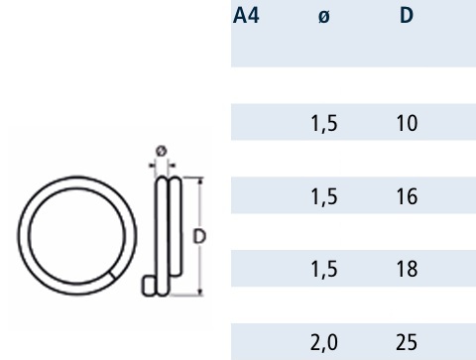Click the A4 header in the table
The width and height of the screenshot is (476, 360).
click(x=246, y=16)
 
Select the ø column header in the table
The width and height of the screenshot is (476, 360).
click(x=324, y=16)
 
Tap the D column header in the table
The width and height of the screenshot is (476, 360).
click(x=407, y=16)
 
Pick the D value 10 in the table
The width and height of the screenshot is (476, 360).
click(x=407, y=123)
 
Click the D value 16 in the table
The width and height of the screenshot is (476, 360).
click(x=407, y=196)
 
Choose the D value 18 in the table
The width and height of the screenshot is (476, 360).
click(x=407, y=269)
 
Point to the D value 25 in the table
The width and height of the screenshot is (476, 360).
click(x=407, y=342)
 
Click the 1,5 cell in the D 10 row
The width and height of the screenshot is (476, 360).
click(x=324, y=124)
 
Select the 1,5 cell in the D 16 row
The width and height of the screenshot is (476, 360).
click(x=324, y=197)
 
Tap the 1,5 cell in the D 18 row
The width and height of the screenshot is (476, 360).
click(x=324, y=270)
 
